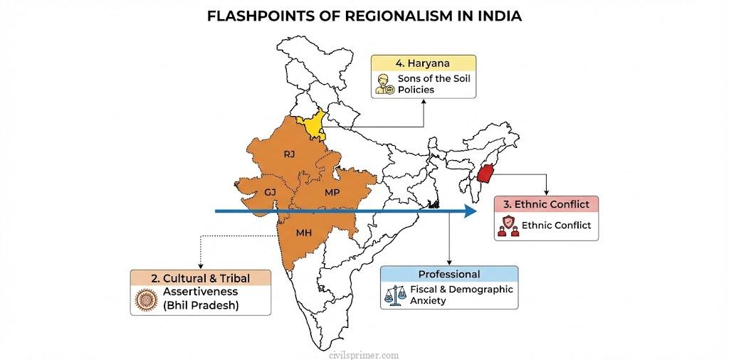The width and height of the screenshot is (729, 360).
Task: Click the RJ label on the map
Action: (288, 154)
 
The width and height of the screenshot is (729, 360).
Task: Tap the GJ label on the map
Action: (270, 192)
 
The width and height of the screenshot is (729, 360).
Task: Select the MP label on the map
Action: (332, 193)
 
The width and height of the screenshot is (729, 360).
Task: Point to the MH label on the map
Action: (303, 232)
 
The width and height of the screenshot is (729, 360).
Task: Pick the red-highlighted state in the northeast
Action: (487, 174)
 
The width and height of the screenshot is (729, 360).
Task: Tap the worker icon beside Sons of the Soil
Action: (384, 84)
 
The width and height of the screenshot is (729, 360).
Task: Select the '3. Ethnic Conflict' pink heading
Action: (546, 203)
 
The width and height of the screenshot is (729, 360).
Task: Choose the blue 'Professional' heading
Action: (449, 274)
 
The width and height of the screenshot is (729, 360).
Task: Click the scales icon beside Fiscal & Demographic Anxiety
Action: (392, 295)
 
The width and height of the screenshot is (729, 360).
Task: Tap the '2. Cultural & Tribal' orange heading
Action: (200, 277)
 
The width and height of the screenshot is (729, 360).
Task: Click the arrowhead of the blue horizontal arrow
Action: (468, 211)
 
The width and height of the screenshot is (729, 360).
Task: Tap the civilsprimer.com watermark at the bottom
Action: (364, 354)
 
